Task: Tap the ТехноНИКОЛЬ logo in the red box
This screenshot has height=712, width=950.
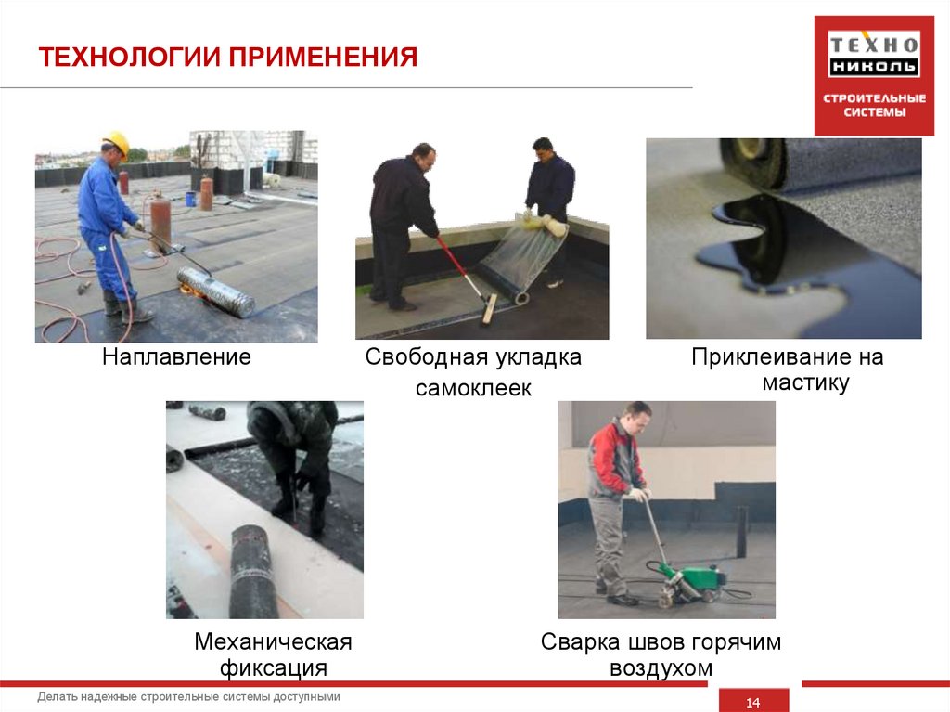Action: pyautogui.click(x=874, y=55)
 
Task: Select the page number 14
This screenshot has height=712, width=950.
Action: pyautogui.click(x=753, y=703)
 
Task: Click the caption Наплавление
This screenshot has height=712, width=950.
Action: pyautogui.click(x=176, y=357)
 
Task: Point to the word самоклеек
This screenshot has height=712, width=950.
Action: pyautogui.click(x=473, y=389)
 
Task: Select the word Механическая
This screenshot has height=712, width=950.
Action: pyautogui.click(x=273, y=641)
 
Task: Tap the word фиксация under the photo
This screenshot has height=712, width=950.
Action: pyautogui.click(x=273, y=667)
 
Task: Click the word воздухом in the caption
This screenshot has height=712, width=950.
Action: pyautogui.click(x=661, y=667)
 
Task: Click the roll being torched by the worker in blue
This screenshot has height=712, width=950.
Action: pyautogui.click(x=216, y=292)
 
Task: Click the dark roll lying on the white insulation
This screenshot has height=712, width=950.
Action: pyautogui.click(x=254, y=571)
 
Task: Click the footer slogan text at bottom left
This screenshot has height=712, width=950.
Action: pyautogui.click(x=189, y=696)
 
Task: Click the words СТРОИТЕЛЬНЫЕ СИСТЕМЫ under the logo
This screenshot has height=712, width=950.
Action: pyautogui.click(x=875, y=105)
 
